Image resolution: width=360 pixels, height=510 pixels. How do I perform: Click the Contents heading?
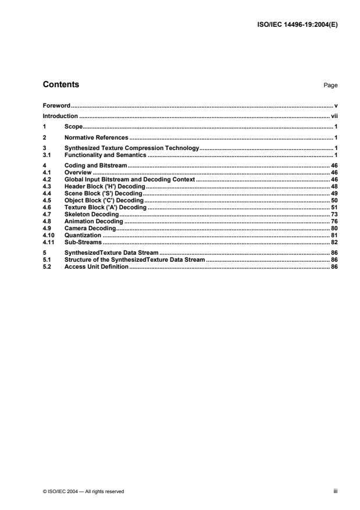tap(61, 85)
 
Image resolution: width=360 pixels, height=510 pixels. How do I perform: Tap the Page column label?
tap(330, 85)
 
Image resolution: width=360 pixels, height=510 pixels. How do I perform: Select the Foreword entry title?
tap(56, 106)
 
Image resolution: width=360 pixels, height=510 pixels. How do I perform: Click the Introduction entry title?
tap(60, 116)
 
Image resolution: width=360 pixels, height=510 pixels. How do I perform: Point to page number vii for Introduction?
tap(334, 116)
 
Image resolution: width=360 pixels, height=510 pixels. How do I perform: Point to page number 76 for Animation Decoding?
tap(334, 221)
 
